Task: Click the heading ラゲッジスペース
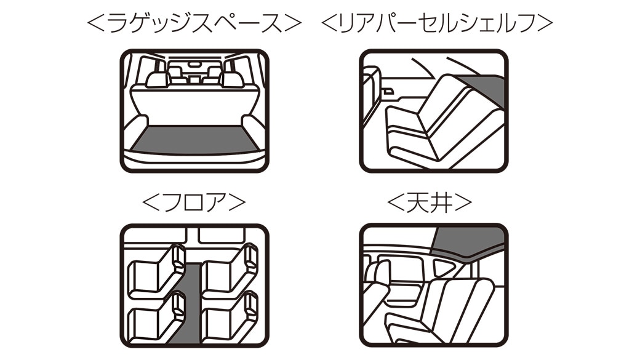194,23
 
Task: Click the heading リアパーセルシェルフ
437,23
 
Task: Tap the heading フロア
194,202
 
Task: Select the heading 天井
430,202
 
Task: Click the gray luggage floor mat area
196,140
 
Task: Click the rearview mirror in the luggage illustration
194,64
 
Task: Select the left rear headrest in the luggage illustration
157,79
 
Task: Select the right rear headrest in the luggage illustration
232,79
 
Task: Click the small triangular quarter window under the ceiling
443,268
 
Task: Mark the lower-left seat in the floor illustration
156,317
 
